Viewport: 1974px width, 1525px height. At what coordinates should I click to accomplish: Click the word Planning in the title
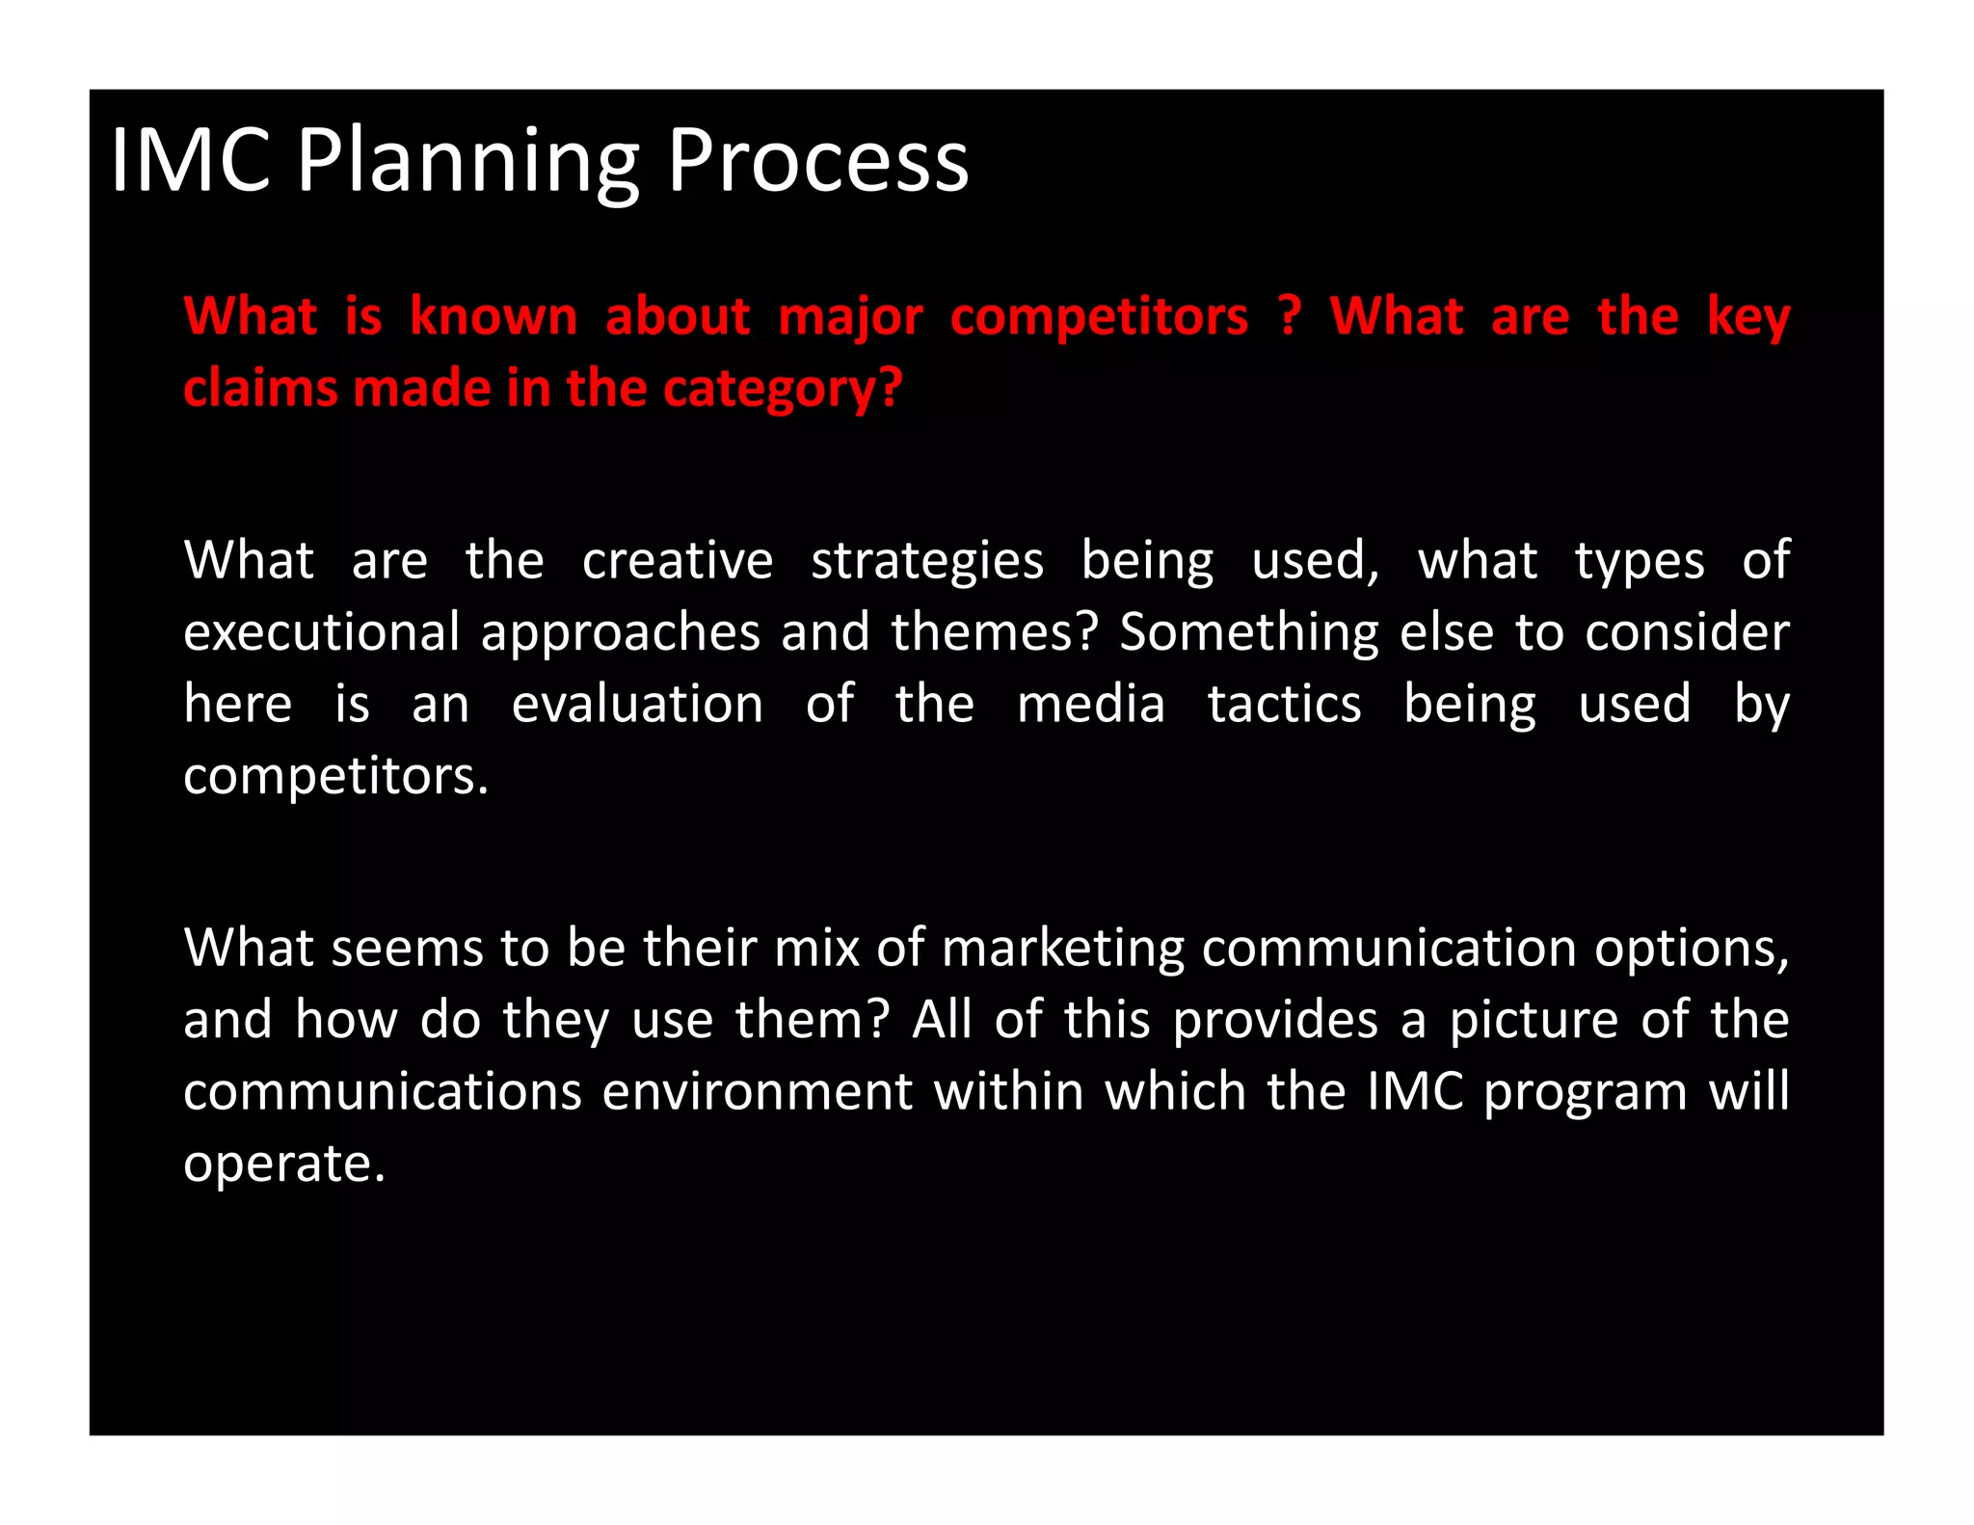(x=467, y=161)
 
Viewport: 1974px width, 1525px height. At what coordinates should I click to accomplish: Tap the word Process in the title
(x=817, y=161)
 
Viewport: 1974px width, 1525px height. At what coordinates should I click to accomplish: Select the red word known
(x=493, y=316)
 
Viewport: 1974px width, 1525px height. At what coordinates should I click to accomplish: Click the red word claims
(x=259, y=388)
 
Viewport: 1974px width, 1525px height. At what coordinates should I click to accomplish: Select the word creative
(x=677, y=561)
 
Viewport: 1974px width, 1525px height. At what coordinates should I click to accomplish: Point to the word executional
(x=322, y=632)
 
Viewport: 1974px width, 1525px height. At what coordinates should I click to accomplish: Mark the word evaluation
(x=637, y=704)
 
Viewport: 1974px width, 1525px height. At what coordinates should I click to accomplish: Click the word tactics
(x=1284, y=704)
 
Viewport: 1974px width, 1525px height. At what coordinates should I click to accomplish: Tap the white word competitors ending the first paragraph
(x=335, y=776)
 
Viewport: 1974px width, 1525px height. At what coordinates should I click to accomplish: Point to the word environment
(x=757, y=1092)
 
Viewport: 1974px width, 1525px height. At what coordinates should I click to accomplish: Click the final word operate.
(x=283, y=1164)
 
